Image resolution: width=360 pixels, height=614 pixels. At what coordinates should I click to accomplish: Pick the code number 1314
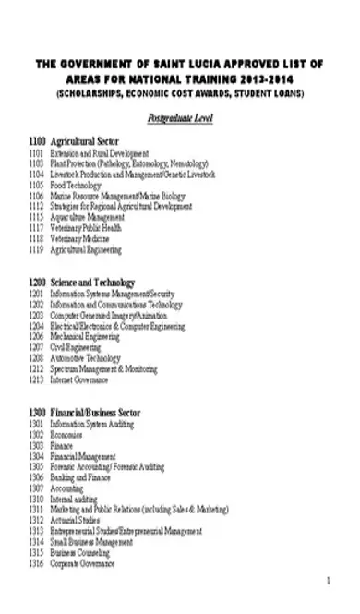pyautogui.click(x=37, y=541)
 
